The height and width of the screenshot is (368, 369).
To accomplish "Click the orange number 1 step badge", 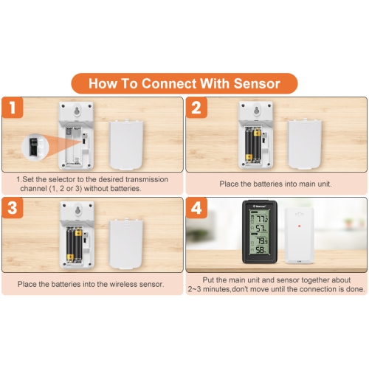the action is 13,108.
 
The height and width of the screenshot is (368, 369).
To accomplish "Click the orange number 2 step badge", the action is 196,108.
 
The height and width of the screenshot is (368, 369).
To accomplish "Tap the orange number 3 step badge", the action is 13,208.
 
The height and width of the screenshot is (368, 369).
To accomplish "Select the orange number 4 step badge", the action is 196,208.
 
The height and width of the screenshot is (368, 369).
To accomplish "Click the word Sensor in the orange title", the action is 257,83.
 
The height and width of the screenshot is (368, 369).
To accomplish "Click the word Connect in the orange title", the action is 169,83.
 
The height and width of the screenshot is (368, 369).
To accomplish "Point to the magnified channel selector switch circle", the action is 35,147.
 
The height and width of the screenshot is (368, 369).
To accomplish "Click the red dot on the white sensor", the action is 299,226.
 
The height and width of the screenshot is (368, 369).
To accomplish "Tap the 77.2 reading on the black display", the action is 262,218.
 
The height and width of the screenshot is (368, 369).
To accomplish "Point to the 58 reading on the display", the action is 261,250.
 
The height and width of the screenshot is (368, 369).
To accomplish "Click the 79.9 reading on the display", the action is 262,241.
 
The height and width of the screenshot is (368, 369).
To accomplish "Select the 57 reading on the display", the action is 261,228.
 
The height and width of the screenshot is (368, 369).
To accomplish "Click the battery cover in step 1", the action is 126,145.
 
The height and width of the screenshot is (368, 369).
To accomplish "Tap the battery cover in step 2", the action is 304,144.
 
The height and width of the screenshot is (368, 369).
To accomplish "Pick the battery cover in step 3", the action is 126,243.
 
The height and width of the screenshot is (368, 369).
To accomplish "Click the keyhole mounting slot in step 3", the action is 77,210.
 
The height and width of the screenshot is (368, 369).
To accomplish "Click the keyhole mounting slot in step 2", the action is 257,110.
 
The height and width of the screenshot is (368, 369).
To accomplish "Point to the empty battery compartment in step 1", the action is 73,145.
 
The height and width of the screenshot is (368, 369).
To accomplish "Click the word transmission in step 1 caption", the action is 147,179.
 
